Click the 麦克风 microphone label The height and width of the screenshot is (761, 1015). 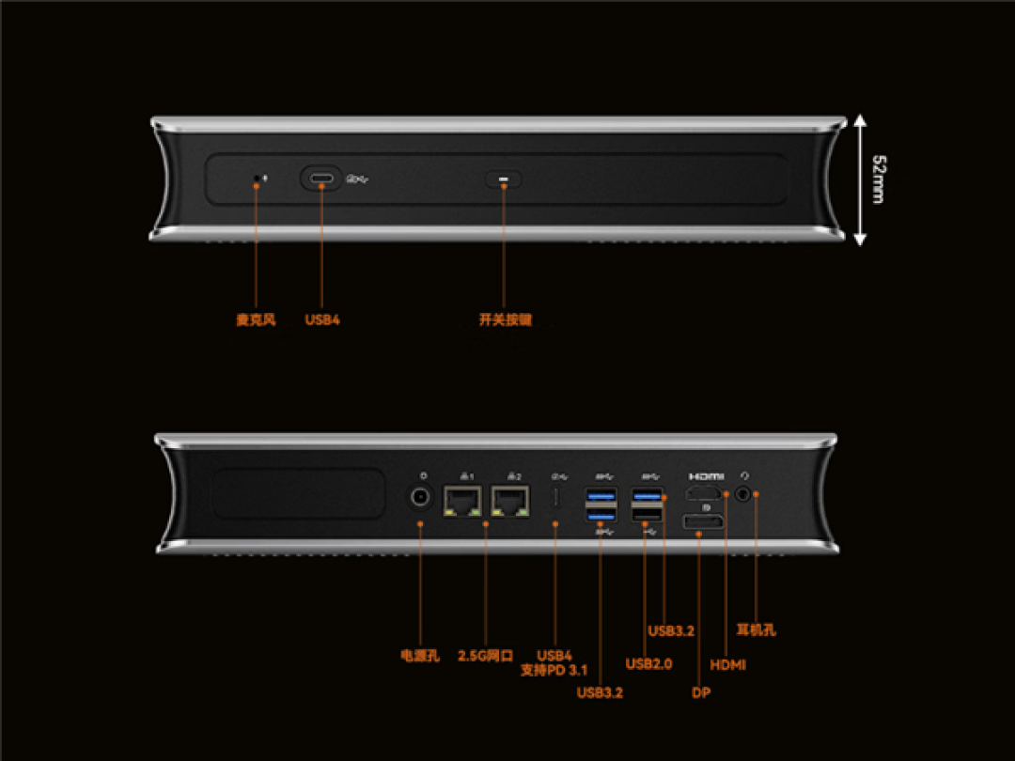(256, 319)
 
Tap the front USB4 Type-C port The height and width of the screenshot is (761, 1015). (321, 178)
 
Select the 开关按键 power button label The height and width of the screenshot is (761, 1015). (505, 319)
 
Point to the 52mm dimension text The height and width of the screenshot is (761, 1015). (879, 179)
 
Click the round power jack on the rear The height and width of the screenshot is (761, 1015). (420, 498)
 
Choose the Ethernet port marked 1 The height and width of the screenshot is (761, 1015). (462, 501)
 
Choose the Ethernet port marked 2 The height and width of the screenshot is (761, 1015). (510, 501)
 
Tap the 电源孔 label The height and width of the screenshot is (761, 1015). (420, 656)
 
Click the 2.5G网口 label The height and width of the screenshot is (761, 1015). (486, 656)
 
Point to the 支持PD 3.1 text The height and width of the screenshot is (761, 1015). (554, 671)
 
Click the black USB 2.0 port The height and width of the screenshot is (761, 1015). (647, 515)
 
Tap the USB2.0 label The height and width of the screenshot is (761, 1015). (648, 664)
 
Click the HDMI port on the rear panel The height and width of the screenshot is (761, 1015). (704, 494)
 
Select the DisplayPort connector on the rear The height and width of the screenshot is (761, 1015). (703, 520)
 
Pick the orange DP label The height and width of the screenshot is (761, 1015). (701, 692)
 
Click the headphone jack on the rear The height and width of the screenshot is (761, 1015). (743, 494)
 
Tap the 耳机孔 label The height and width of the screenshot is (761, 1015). (756, 629)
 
